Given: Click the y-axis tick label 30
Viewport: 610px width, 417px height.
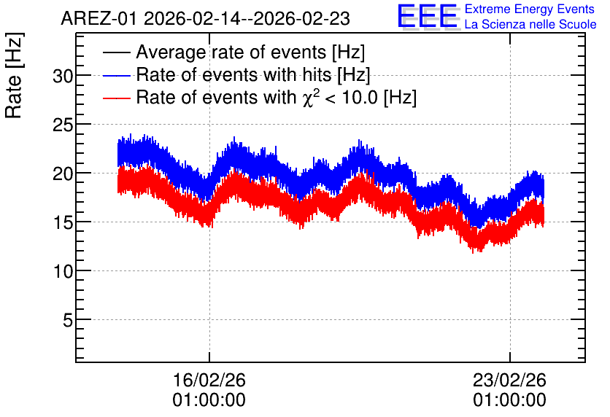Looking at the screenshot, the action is click(x=63, y=76).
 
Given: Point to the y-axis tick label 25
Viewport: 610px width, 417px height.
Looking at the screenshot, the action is click(x=63, y=125).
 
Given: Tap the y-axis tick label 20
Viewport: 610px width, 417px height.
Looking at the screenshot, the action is click(x=63, y=174).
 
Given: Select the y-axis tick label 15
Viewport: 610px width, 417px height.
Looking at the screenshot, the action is click(x=63, y=222).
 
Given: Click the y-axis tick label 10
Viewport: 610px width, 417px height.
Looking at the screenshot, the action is click(x=63, y=271).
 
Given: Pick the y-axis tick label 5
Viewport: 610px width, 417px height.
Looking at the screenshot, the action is click(x=68, y=320).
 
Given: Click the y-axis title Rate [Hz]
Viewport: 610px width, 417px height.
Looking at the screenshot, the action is click(x=14, y=75).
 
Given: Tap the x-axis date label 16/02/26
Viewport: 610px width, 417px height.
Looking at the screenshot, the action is click(x=209, y=380).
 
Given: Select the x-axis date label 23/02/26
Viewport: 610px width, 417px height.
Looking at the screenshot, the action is click(x=509, y=380).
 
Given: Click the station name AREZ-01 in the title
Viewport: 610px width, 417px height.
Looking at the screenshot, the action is click(x=99, y=18).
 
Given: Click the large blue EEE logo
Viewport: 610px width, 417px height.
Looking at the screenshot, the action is click(x=427, y=17).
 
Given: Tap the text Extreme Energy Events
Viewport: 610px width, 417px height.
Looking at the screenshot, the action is click(x=530, y=9).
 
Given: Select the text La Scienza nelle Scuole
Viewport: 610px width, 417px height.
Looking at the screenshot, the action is click(x=530, y=24).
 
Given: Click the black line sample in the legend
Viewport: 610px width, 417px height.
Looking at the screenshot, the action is click(x=116, y=52).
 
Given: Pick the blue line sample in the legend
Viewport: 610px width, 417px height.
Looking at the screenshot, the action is click(x=116, y=75).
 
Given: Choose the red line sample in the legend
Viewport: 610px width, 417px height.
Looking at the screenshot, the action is click(x=116, y=98).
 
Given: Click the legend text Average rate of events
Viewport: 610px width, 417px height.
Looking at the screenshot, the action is click(x=231, y=52).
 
